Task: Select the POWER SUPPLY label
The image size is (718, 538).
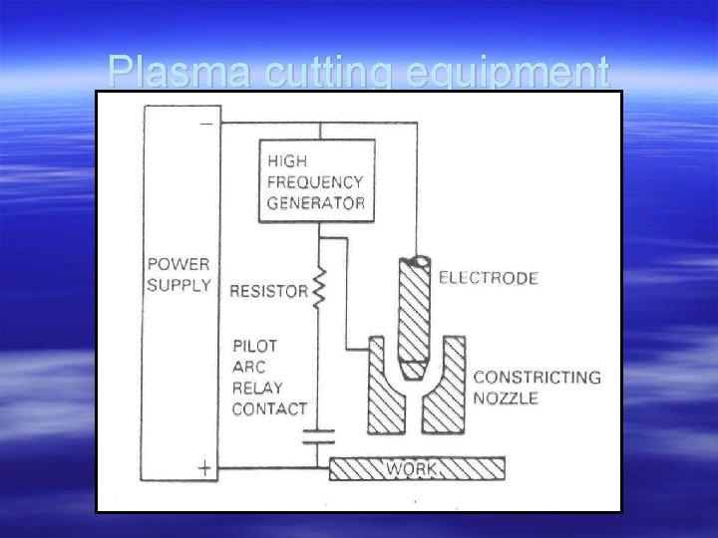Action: [x=179, y=274]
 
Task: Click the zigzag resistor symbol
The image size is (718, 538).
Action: [x=319, y=291]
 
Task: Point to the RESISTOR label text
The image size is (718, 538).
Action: [x=269, y=292]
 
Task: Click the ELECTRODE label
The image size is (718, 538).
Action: [x=489, y=279]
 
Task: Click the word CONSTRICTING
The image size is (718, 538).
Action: [x=537, y=378]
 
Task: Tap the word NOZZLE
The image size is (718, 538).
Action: [x=507, y=398]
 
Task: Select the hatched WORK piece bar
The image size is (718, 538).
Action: [x=417, y=467]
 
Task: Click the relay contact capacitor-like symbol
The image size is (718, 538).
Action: [x=319, y=434]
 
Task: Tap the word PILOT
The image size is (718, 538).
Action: [x=255, y=346]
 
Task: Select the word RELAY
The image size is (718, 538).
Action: [x=257, y=388]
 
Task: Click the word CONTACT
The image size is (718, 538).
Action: [x=269, y=408]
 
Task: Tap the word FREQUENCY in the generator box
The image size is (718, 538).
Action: [x=315, y=182]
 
